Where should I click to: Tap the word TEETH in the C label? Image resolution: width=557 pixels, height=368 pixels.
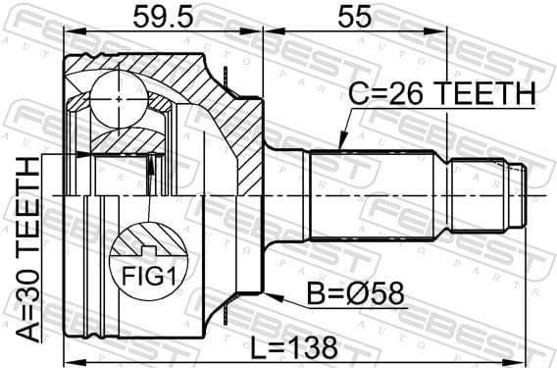tap(487, 95)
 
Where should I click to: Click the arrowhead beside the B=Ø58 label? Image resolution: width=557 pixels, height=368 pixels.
tap(272, 292)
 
